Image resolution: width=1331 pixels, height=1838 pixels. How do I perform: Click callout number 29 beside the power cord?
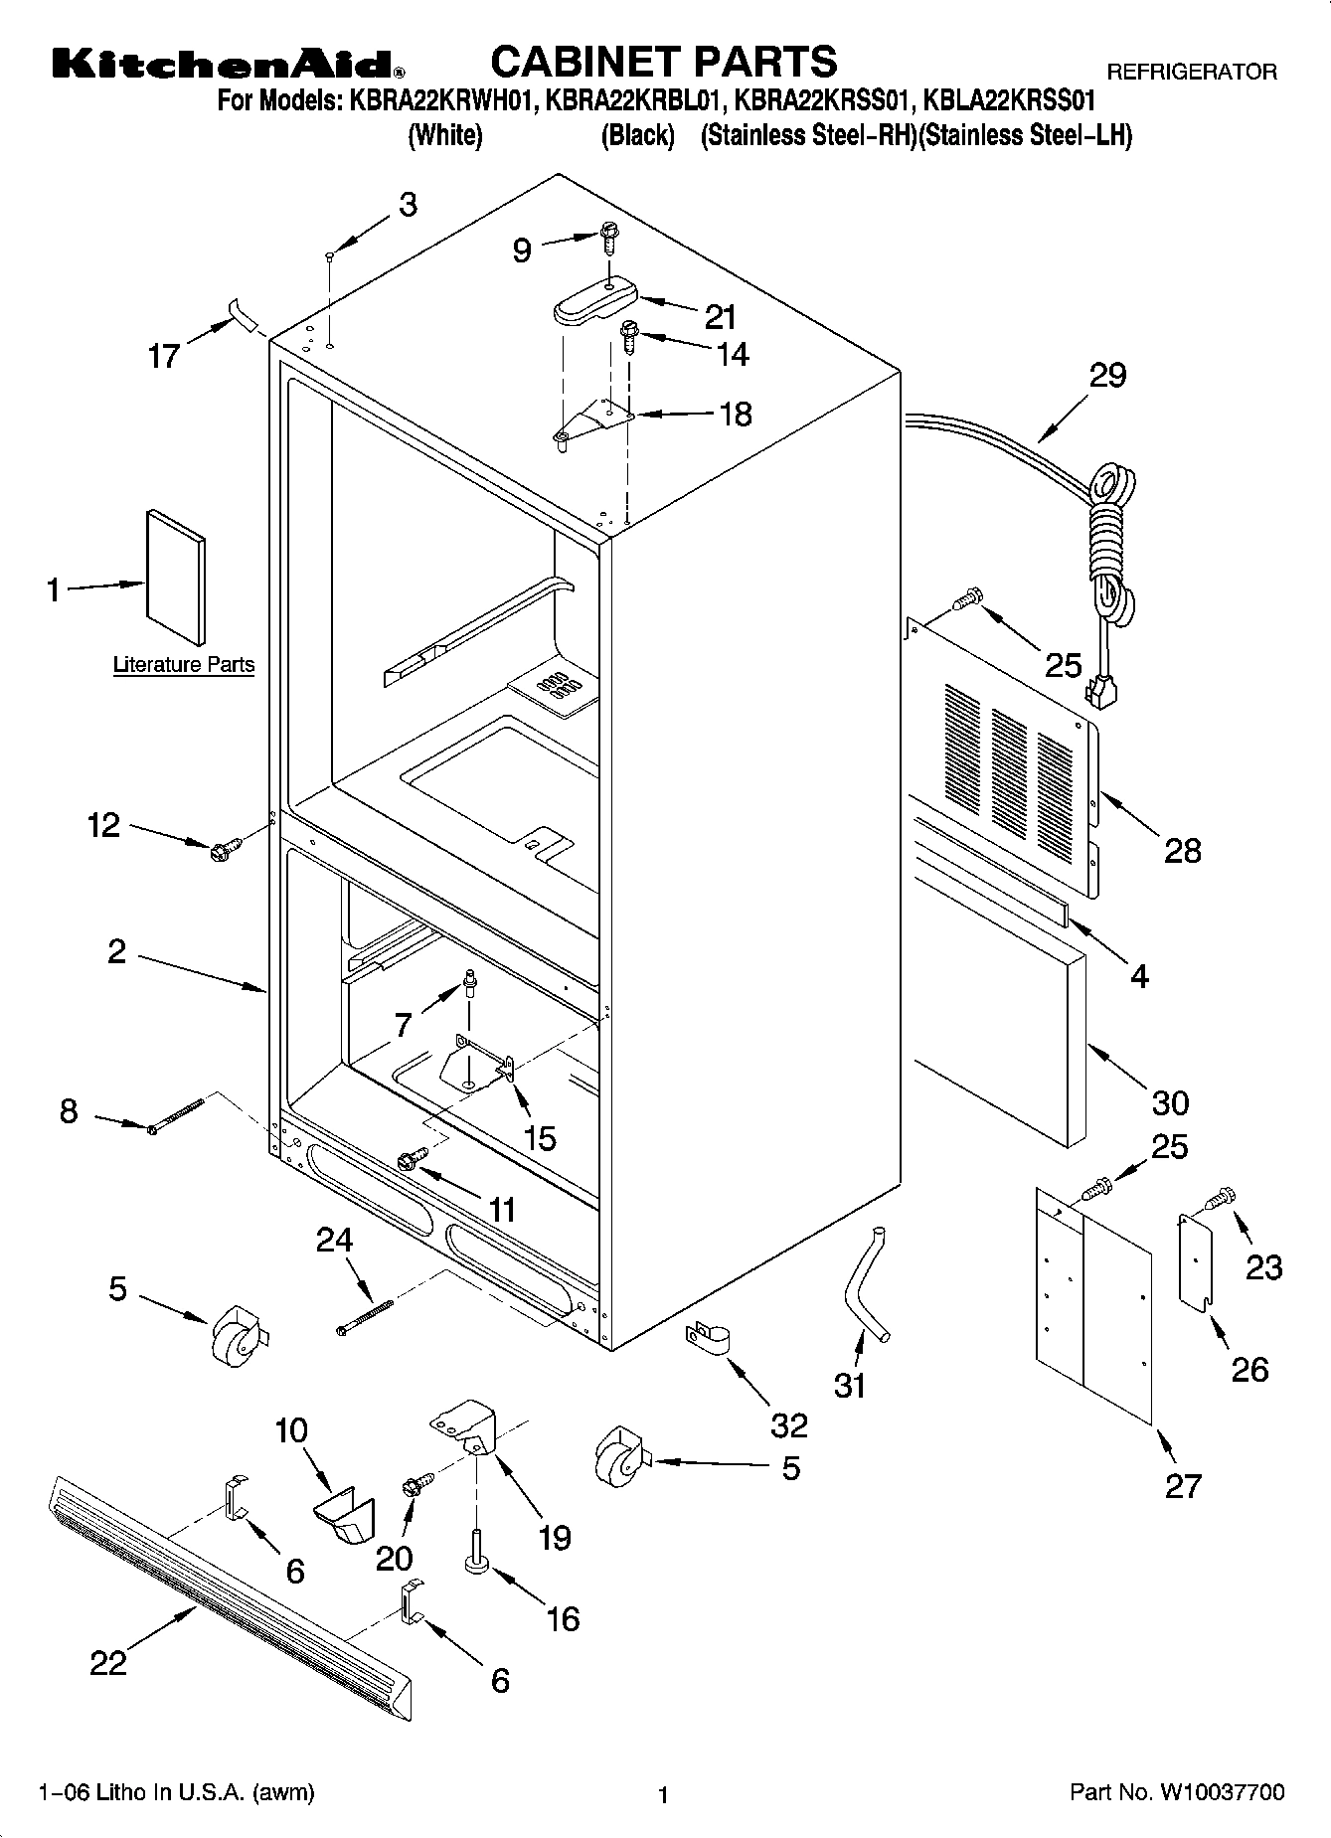(x=1107, y=377)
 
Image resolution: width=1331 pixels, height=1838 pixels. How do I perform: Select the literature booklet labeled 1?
(x=176, y=578)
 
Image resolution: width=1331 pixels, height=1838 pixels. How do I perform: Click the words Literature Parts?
(x=184, y=664)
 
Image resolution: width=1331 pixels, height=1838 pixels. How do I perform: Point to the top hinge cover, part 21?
(x=592, y=299)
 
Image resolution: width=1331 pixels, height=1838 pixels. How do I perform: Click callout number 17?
(x=163, y=355)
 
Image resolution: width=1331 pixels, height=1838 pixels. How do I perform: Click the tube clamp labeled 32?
(x=707, y=1338)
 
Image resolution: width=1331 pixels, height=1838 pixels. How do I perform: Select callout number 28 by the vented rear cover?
(x=1182, y=851)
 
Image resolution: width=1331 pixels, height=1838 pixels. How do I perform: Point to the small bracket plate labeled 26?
(x=1197, y=1259)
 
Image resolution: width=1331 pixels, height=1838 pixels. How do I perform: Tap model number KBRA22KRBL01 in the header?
(x=631, y=100)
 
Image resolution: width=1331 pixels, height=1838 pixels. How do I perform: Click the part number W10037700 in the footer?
(x=1220, y=1793)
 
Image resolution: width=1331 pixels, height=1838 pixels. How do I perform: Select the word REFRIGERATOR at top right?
(x=1191, y=72)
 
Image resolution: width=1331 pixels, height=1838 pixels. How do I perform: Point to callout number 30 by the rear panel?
(x=1170, y=1102)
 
